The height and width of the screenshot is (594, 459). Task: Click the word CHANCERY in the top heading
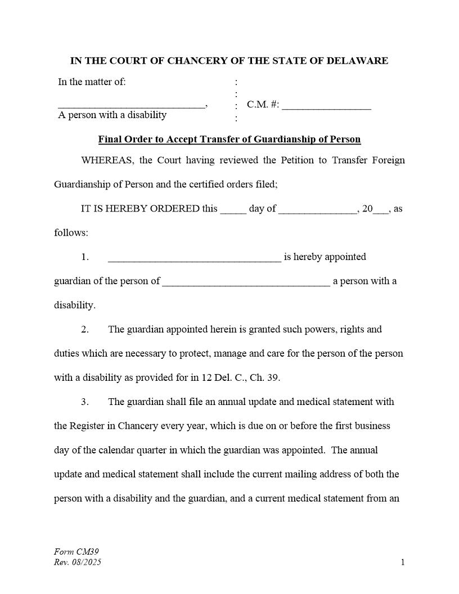[204, 61]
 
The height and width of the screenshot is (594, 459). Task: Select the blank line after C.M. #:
[326, 106]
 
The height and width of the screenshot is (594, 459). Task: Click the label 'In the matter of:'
[92, 82]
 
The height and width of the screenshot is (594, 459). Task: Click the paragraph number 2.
[84, 330]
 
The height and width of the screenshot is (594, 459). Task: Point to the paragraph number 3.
[84, 402]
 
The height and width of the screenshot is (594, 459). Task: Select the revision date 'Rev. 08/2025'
[78, 562]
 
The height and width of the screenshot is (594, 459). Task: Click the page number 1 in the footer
[403, 562]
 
